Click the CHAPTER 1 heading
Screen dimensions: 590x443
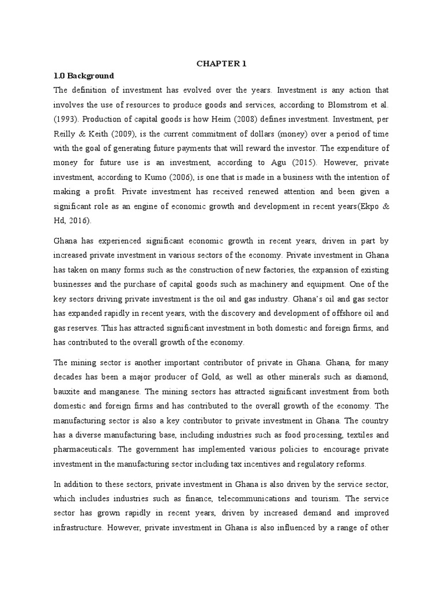(x=221, y=63)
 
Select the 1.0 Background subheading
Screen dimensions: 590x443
(x=84, y=75)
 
